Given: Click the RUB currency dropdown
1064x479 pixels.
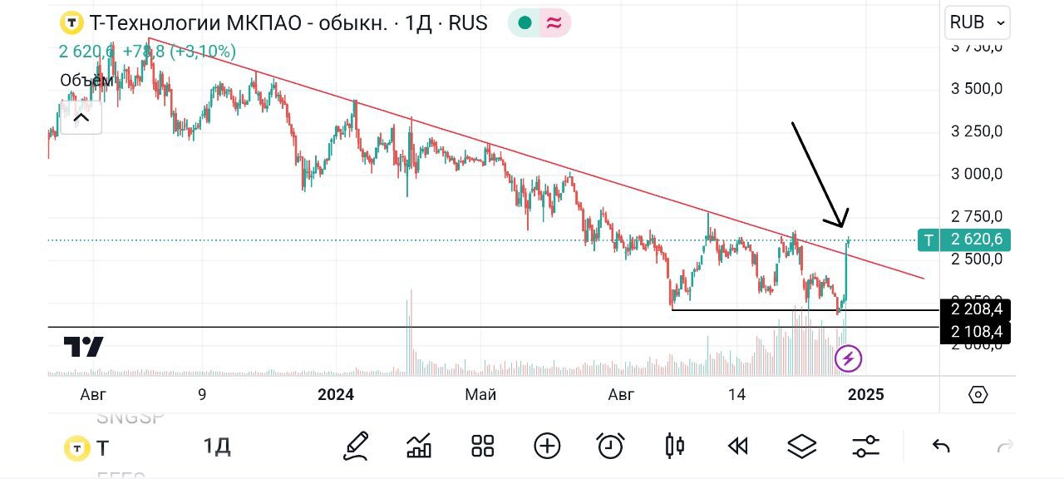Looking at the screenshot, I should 978,22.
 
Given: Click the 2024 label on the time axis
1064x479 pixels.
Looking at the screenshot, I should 336,394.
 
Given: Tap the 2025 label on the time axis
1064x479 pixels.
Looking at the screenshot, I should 864,394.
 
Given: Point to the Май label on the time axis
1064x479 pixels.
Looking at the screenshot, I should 480,394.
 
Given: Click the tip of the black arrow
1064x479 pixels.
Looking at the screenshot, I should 840,226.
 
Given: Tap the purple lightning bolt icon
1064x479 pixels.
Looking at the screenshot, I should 849,359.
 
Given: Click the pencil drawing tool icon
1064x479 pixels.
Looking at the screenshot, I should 356,447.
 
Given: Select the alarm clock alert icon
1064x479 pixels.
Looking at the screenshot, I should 611,447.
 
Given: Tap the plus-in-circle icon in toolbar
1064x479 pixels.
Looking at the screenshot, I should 547,447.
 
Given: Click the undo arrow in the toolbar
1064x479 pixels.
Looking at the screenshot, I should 941,447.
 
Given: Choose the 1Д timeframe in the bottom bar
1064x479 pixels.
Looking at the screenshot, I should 217,447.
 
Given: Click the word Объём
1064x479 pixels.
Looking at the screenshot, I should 86,80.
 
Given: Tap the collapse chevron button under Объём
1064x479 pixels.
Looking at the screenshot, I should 81,117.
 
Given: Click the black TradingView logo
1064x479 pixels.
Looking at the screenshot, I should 83,347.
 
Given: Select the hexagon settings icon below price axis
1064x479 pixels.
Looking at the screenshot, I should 978,394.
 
